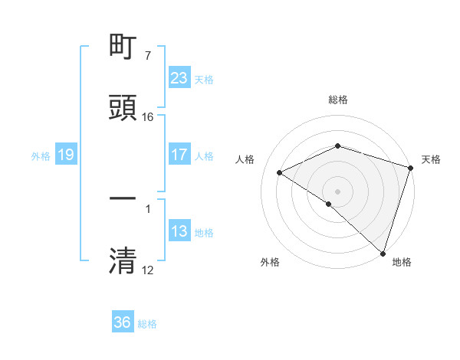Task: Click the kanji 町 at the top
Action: click(x=123, y=48)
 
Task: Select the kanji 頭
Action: click(x=123, y=107)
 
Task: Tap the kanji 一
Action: click(x=123, y=198)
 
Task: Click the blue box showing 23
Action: click(x=179, y=78)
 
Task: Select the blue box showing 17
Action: click(x=179, y=155)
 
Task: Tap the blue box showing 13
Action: click(x=179, y=231)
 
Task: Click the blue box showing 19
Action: click(x=65, y=155)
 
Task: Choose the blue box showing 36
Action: click(x=122, y=322)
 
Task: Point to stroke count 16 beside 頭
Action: click(x=148, y=117)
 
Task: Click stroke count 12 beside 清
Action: click(x=148, y=270)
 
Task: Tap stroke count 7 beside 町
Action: click(x=147, y=56)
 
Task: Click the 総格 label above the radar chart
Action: click(x=338, y=100)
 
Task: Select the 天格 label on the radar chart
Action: click(x=431, y=159)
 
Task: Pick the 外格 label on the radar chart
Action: click(x=270, y=262)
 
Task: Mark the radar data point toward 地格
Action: click(x=383, y=253)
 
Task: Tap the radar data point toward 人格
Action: click(x=280, y=172)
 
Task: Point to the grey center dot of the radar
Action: click(x=338, y=191)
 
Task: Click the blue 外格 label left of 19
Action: click(x=41, y=155)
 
